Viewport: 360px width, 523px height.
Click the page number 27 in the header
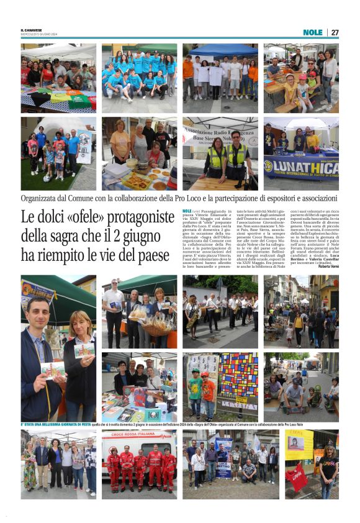tap(335, 32)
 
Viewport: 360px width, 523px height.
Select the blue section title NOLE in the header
tap(313, 32)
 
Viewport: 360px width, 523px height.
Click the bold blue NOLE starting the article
tap(187, 211)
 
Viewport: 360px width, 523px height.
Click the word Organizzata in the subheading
tap(43, 198)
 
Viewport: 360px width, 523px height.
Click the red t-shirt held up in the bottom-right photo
tap(297, 478)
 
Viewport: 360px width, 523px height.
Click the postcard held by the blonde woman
tap(84, 349)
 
